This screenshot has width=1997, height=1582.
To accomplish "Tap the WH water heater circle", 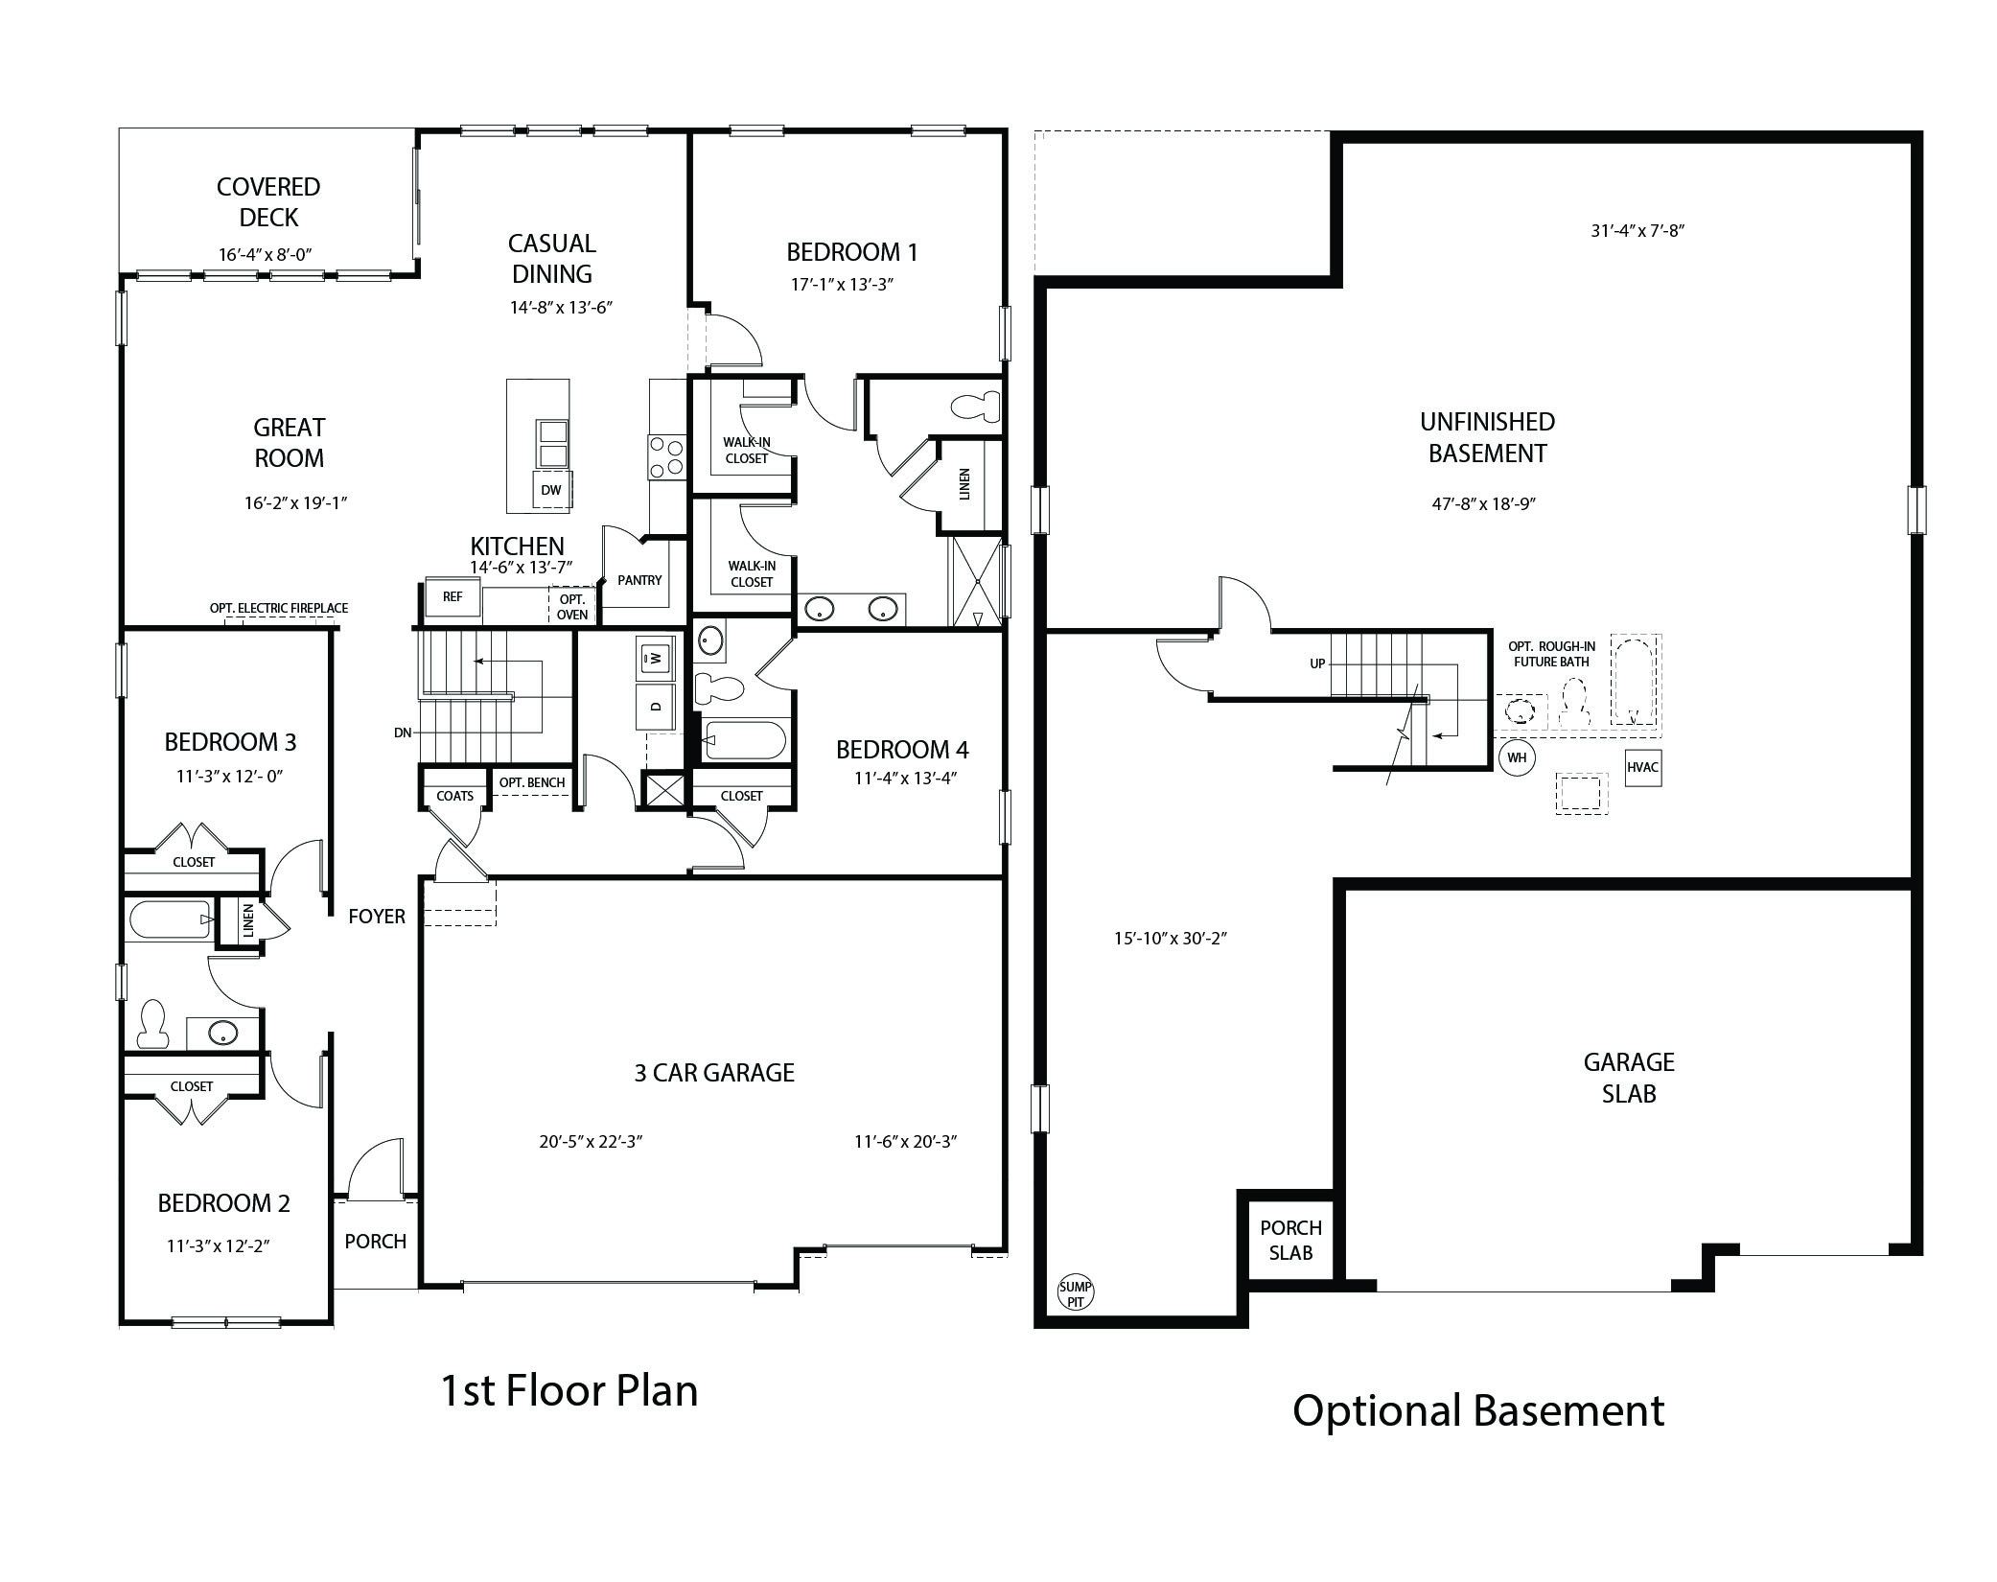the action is pos(1517,757).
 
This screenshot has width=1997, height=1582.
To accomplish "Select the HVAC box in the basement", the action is pos(1643,767).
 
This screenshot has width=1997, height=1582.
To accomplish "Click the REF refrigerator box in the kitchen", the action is pos(453,596).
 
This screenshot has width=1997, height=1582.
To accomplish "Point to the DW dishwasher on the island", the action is pos(551,490).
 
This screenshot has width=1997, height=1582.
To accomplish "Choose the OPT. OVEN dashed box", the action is pos(572,606).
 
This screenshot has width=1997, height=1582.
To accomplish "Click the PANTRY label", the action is pos(639,580).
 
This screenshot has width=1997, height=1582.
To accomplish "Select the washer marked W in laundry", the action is pos(656,658).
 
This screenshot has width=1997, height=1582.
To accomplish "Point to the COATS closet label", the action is pos(455,796).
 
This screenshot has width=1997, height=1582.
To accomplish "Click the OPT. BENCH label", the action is pos(532,782).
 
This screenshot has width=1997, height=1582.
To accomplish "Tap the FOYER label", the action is pos(377,917).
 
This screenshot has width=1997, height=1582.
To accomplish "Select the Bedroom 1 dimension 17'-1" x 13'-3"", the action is pos(841,284).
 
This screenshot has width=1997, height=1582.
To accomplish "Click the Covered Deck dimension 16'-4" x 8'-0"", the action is pos(267,254).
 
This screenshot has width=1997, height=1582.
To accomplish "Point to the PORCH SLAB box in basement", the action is pos(1290,1240).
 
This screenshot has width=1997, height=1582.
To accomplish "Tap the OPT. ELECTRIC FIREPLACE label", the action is pos(279,608).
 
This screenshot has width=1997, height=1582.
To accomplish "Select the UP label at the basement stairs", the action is pos(1318,663).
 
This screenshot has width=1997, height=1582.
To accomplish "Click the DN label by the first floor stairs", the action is pos(403,733).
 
